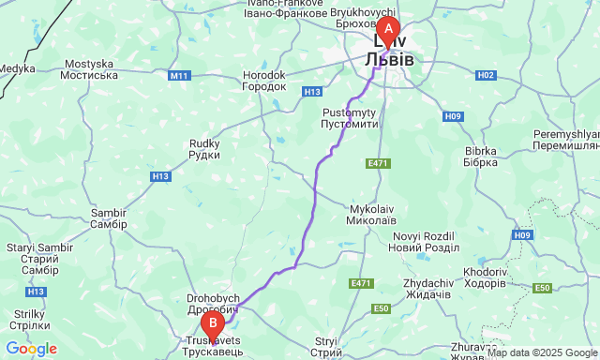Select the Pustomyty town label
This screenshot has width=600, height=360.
pyautogui.click(x=349, y=117)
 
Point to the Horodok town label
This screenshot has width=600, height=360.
pyautogui.click(x=263, y=80)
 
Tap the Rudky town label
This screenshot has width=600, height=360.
pyautogui.click(x=204, y=149)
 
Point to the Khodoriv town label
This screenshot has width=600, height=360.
pyautogui.click(x=484, y=277)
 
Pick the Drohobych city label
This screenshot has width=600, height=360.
pyautogui.click(x=214, y=304)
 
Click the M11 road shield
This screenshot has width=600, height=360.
pyautogui.click(x=180, y=75)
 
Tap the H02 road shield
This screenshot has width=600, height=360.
pyautogui.click(x=486, y=74)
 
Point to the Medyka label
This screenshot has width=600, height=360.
pyautogui.click(x=17, y=68)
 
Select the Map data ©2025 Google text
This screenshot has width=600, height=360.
pyautogui.click(x=541, y=353)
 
